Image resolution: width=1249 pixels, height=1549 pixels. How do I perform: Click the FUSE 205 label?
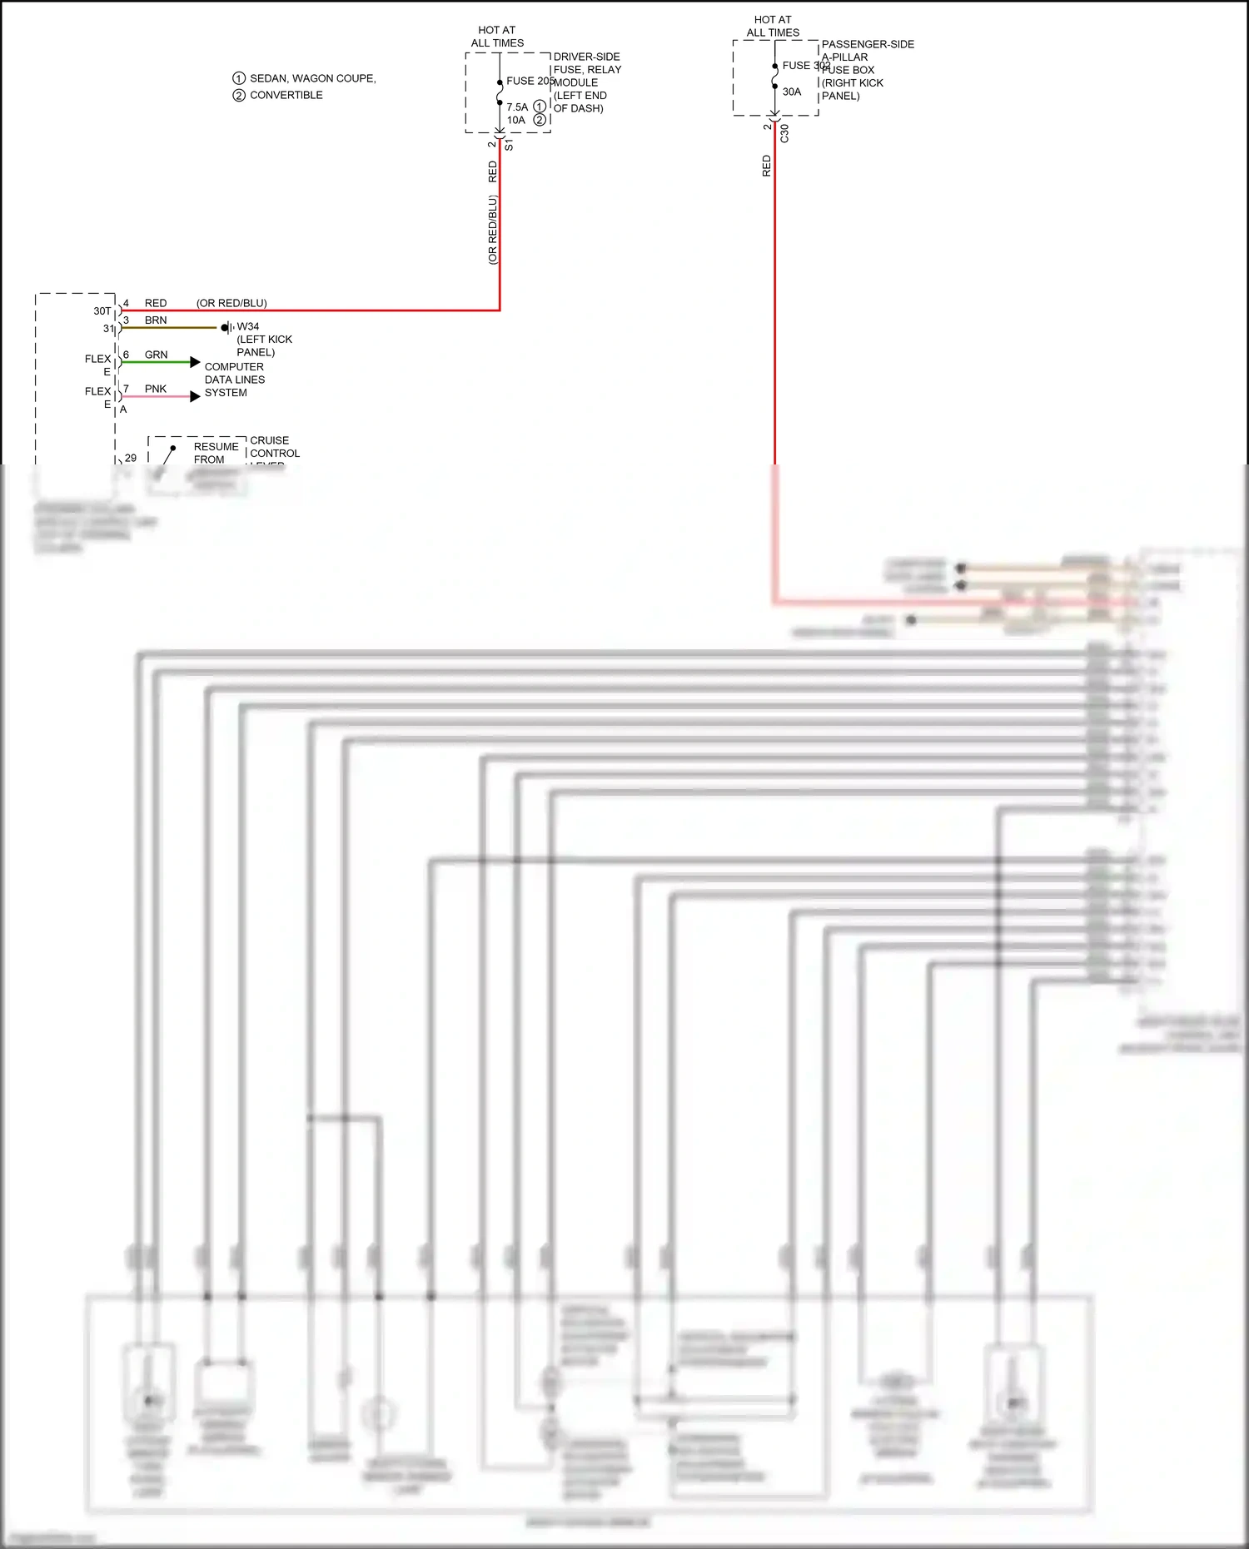tap(530, 81)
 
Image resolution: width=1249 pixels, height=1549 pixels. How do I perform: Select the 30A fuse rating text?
tap(792, 92)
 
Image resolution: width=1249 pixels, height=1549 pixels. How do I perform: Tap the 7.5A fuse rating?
tap(517, 107)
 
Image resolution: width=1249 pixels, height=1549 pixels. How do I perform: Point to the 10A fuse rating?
tap(516, 120)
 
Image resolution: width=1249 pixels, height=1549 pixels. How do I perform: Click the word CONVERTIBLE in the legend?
tap(286, 95)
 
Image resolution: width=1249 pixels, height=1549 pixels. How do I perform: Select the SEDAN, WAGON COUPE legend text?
tap(312, 78)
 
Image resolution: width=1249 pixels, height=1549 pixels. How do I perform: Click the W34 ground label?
tap(248, 326)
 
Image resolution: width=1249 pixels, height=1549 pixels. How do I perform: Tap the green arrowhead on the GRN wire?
tap(195, 362)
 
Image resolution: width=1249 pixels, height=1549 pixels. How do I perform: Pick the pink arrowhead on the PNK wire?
tap(195, 396)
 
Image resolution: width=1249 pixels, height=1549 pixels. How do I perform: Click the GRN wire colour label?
tap(156, 355)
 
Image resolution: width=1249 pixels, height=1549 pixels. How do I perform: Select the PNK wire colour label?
tap(156, 389)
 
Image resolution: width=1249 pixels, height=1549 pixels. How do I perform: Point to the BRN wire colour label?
tap(156, 320)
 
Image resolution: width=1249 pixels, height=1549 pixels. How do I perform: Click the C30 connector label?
tap(784, 133)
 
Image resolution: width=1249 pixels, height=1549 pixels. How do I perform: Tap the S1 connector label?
tap(509, 145)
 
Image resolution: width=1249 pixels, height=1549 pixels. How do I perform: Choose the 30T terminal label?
tap(102, 310)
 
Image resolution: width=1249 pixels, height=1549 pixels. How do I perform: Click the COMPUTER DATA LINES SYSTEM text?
tap(234, 380)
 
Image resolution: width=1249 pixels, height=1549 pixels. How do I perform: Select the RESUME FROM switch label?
tap(216, 453)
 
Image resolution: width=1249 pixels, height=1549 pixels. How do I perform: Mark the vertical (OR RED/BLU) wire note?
tap(492, 230)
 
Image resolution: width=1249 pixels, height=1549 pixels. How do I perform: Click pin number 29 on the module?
tap(131, 458)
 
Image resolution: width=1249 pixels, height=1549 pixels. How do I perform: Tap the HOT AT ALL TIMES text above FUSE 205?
tap(497, 37)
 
